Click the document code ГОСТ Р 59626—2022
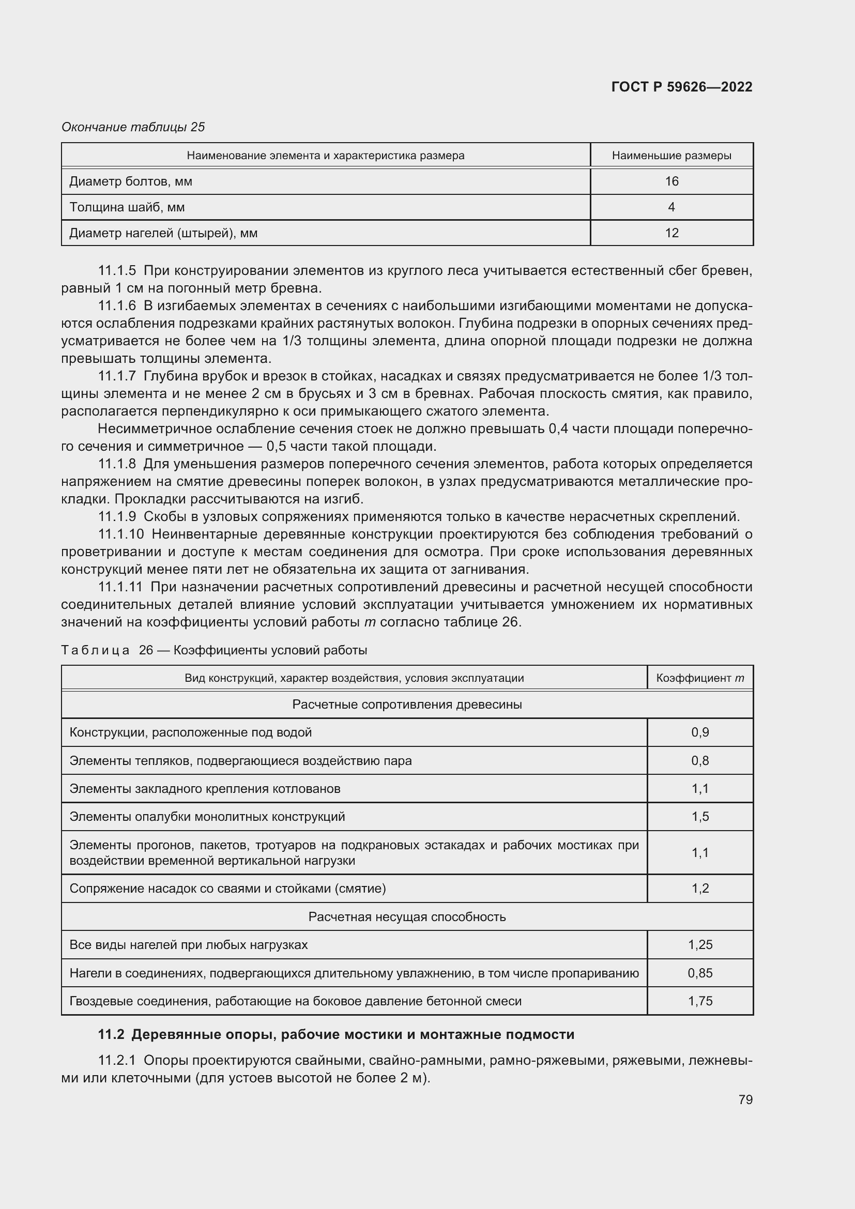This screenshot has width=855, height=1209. click(681, 87)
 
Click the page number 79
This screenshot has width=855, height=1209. click(745, 1099)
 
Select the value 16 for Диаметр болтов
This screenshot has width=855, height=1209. click(671, 181)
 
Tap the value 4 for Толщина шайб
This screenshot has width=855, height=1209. click(671, 207)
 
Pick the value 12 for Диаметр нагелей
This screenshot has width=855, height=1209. click(671, 233)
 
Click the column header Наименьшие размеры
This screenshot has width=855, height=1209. click(671, 156)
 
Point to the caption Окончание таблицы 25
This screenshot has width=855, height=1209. click(133, 127)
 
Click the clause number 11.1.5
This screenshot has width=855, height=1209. click(117, 271)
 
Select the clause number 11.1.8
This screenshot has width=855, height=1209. click(117, 464)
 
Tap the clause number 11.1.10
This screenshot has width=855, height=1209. click(120, 534)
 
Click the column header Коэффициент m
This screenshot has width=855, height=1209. click(700, 678)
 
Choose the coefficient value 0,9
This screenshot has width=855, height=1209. click(700, 732)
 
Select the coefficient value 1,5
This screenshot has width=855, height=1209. click(700, 816)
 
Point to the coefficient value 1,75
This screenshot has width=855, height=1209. click(700, 1001)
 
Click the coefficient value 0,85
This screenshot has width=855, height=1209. click(700, 973)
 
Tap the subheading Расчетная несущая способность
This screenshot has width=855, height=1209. click(406, 917)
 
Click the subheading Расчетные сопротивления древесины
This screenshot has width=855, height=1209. click(406, 704)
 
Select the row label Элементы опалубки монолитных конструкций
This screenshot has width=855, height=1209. click(207, 816)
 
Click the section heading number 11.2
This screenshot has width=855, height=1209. click(111, 1034)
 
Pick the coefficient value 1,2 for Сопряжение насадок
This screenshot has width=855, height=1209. click(700, 889)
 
